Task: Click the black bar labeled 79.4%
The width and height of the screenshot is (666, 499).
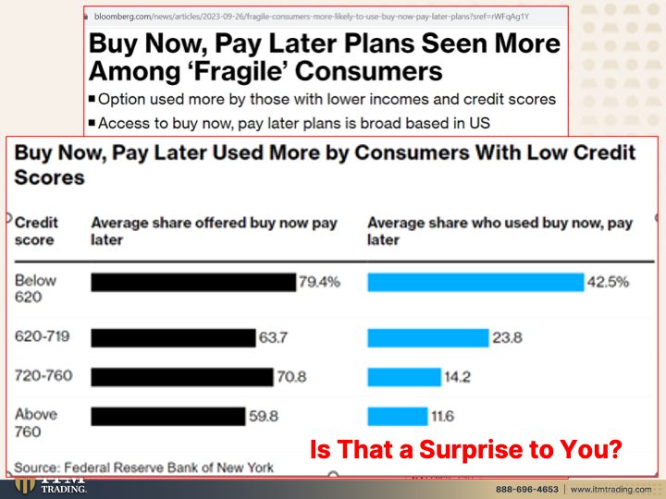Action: tap(193, 282)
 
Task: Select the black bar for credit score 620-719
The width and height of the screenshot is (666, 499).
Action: tap(174, 338)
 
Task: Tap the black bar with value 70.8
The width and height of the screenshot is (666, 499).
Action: tap(182, 377)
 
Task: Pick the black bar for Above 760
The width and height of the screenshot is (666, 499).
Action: tap(168, 416)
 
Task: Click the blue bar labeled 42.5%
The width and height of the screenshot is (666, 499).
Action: tap(475, 282)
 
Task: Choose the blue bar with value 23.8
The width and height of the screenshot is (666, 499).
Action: tap(428, 338)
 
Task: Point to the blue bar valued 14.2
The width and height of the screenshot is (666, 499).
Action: tap(404, 377)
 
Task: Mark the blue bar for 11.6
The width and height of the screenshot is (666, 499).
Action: tap(398, 416)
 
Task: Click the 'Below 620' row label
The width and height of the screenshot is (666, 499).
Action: tap(35, 288)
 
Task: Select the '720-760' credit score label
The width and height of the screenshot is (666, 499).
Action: tap(43, 375)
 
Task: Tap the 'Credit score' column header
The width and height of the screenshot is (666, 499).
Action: tap(36, 231)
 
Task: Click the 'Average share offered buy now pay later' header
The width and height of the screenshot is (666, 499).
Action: tap(214, 231)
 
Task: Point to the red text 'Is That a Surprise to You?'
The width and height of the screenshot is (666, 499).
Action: tap(466, 449)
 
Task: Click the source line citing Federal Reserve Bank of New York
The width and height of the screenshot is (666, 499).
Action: tap(144, 468)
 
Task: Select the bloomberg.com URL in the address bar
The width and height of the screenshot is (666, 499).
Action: tap(312, 17)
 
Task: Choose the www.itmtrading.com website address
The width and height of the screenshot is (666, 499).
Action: tap(610, 489)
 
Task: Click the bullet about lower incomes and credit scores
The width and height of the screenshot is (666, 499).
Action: tap(323, 99)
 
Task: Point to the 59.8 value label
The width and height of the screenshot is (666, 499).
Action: tap(264, 416)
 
